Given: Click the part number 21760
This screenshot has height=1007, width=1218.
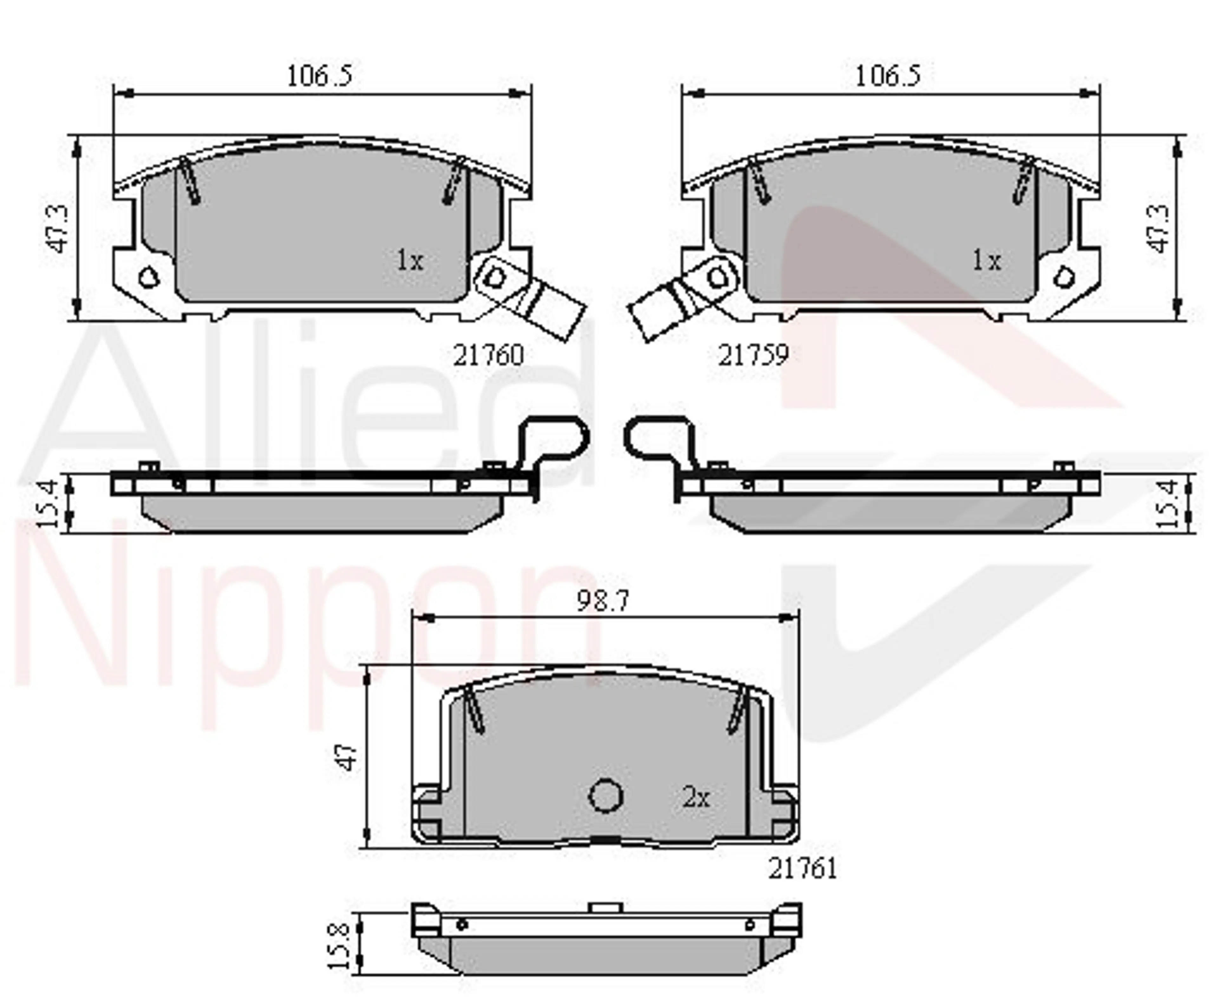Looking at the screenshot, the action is [488, 355].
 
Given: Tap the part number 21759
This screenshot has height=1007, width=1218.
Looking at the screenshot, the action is [753, 355].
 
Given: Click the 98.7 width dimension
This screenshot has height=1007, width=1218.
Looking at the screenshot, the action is [603, 601].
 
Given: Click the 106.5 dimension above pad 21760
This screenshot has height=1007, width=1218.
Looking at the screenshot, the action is [320, 75].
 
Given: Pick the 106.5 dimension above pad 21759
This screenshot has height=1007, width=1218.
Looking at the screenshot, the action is [888, 75].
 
